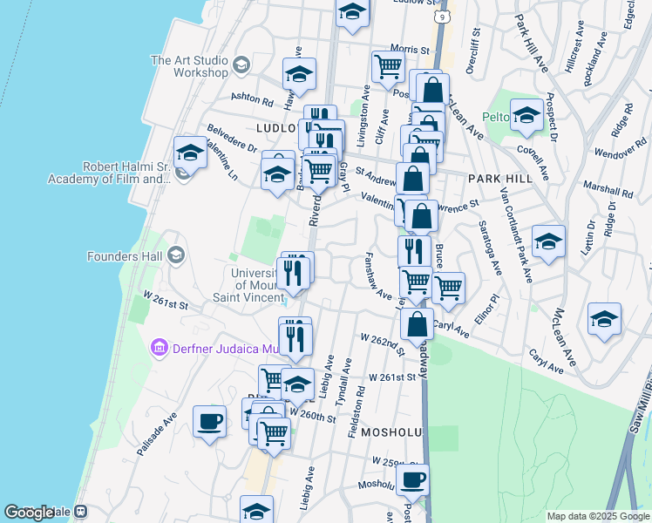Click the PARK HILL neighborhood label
(x=494, y=178)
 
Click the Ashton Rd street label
(x=251, y=99)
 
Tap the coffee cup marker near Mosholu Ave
(x=412, y=479)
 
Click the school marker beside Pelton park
(x=526, y=116)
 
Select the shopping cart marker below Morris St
(x=388, y=66)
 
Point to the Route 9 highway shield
(x=444, y=17)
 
